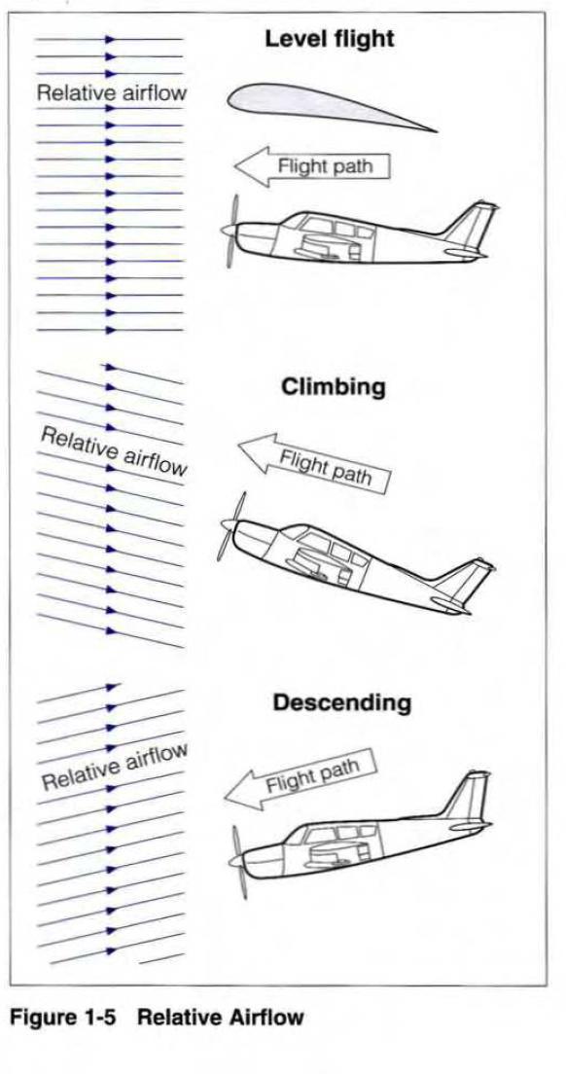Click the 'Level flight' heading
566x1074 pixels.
[x=330, y=38]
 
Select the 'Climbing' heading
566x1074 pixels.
[x=334, y=388]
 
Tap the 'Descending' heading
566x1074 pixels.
[x=342, y=702]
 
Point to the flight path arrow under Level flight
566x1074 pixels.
[x=312, y=166]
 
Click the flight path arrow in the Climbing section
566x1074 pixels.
[x=314, y=463]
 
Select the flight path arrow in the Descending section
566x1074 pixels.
[x=301, y=779]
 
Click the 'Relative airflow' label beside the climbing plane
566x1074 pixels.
[x=114, y=450]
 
